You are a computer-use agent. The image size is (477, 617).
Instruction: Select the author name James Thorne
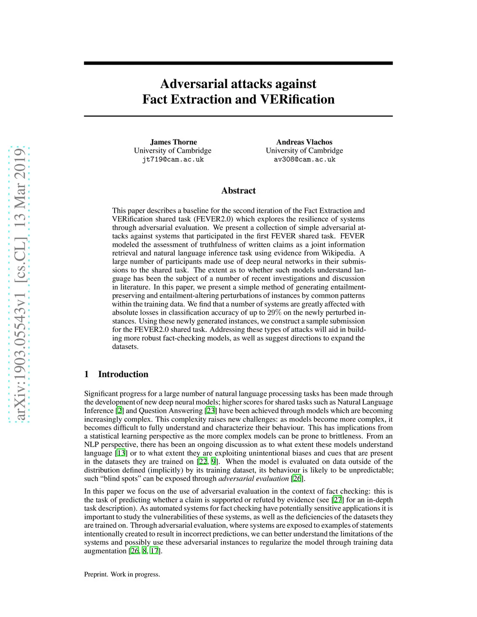(x=173, y=142)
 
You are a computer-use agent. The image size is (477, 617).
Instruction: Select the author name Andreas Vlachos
(x=304, y=142)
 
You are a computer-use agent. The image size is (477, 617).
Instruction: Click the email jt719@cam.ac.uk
(x=173, y=159)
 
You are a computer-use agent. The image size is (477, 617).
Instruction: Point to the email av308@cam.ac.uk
(x=304, y=159)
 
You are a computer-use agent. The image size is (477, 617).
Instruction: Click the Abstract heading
(x=238, y=190)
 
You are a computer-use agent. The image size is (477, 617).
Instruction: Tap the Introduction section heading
(x=123, y=374)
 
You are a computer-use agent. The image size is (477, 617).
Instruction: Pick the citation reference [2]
(x=120, y=411)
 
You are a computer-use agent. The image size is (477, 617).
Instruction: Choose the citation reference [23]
(x=211, y=411)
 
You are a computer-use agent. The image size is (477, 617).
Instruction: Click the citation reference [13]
(x=121, y=453)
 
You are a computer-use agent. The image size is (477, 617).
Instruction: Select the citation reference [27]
(x=338, y=500)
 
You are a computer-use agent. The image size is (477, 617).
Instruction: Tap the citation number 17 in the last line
(x=154, y=551)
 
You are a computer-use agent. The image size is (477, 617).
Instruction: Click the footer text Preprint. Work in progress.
(x=122, y=575)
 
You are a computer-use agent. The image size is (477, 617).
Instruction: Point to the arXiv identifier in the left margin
(x=20, y=284)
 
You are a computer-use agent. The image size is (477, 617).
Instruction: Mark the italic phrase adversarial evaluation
(x=253, y=479)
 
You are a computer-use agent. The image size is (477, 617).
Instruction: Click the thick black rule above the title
(x=238, y=63)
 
